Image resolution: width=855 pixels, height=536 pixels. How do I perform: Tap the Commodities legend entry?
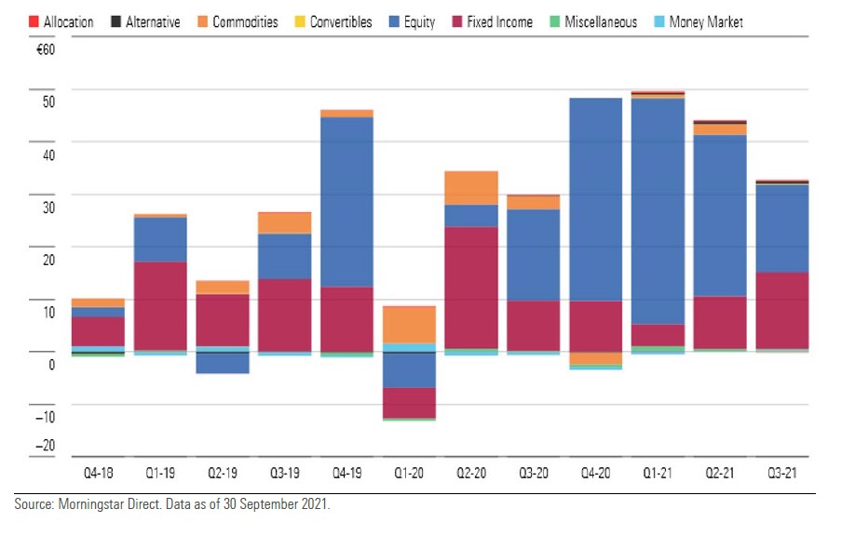pos(245,21)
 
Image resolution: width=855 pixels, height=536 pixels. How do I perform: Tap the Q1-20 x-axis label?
pos(409,474)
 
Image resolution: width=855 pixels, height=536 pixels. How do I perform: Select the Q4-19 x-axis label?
pos(346,474)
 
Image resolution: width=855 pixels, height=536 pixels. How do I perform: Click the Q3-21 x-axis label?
pos(781,474)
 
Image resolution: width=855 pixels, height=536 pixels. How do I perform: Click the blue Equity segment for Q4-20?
pos(595,199)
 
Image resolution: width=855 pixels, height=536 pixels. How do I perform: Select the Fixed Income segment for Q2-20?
pos(471,288)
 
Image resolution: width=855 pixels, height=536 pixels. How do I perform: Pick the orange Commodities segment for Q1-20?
pos(409,325)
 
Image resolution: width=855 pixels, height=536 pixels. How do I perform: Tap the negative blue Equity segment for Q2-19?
pos(223,363)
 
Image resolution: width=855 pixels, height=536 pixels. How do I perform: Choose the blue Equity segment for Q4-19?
pos(346,202)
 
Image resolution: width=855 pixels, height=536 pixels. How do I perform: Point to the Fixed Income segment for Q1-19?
pos(160,306)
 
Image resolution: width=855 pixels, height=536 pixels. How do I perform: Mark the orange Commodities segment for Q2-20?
pos(471,188)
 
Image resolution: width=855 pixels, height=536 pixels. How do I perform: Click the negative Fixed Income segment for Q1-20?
pos(409,403)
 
